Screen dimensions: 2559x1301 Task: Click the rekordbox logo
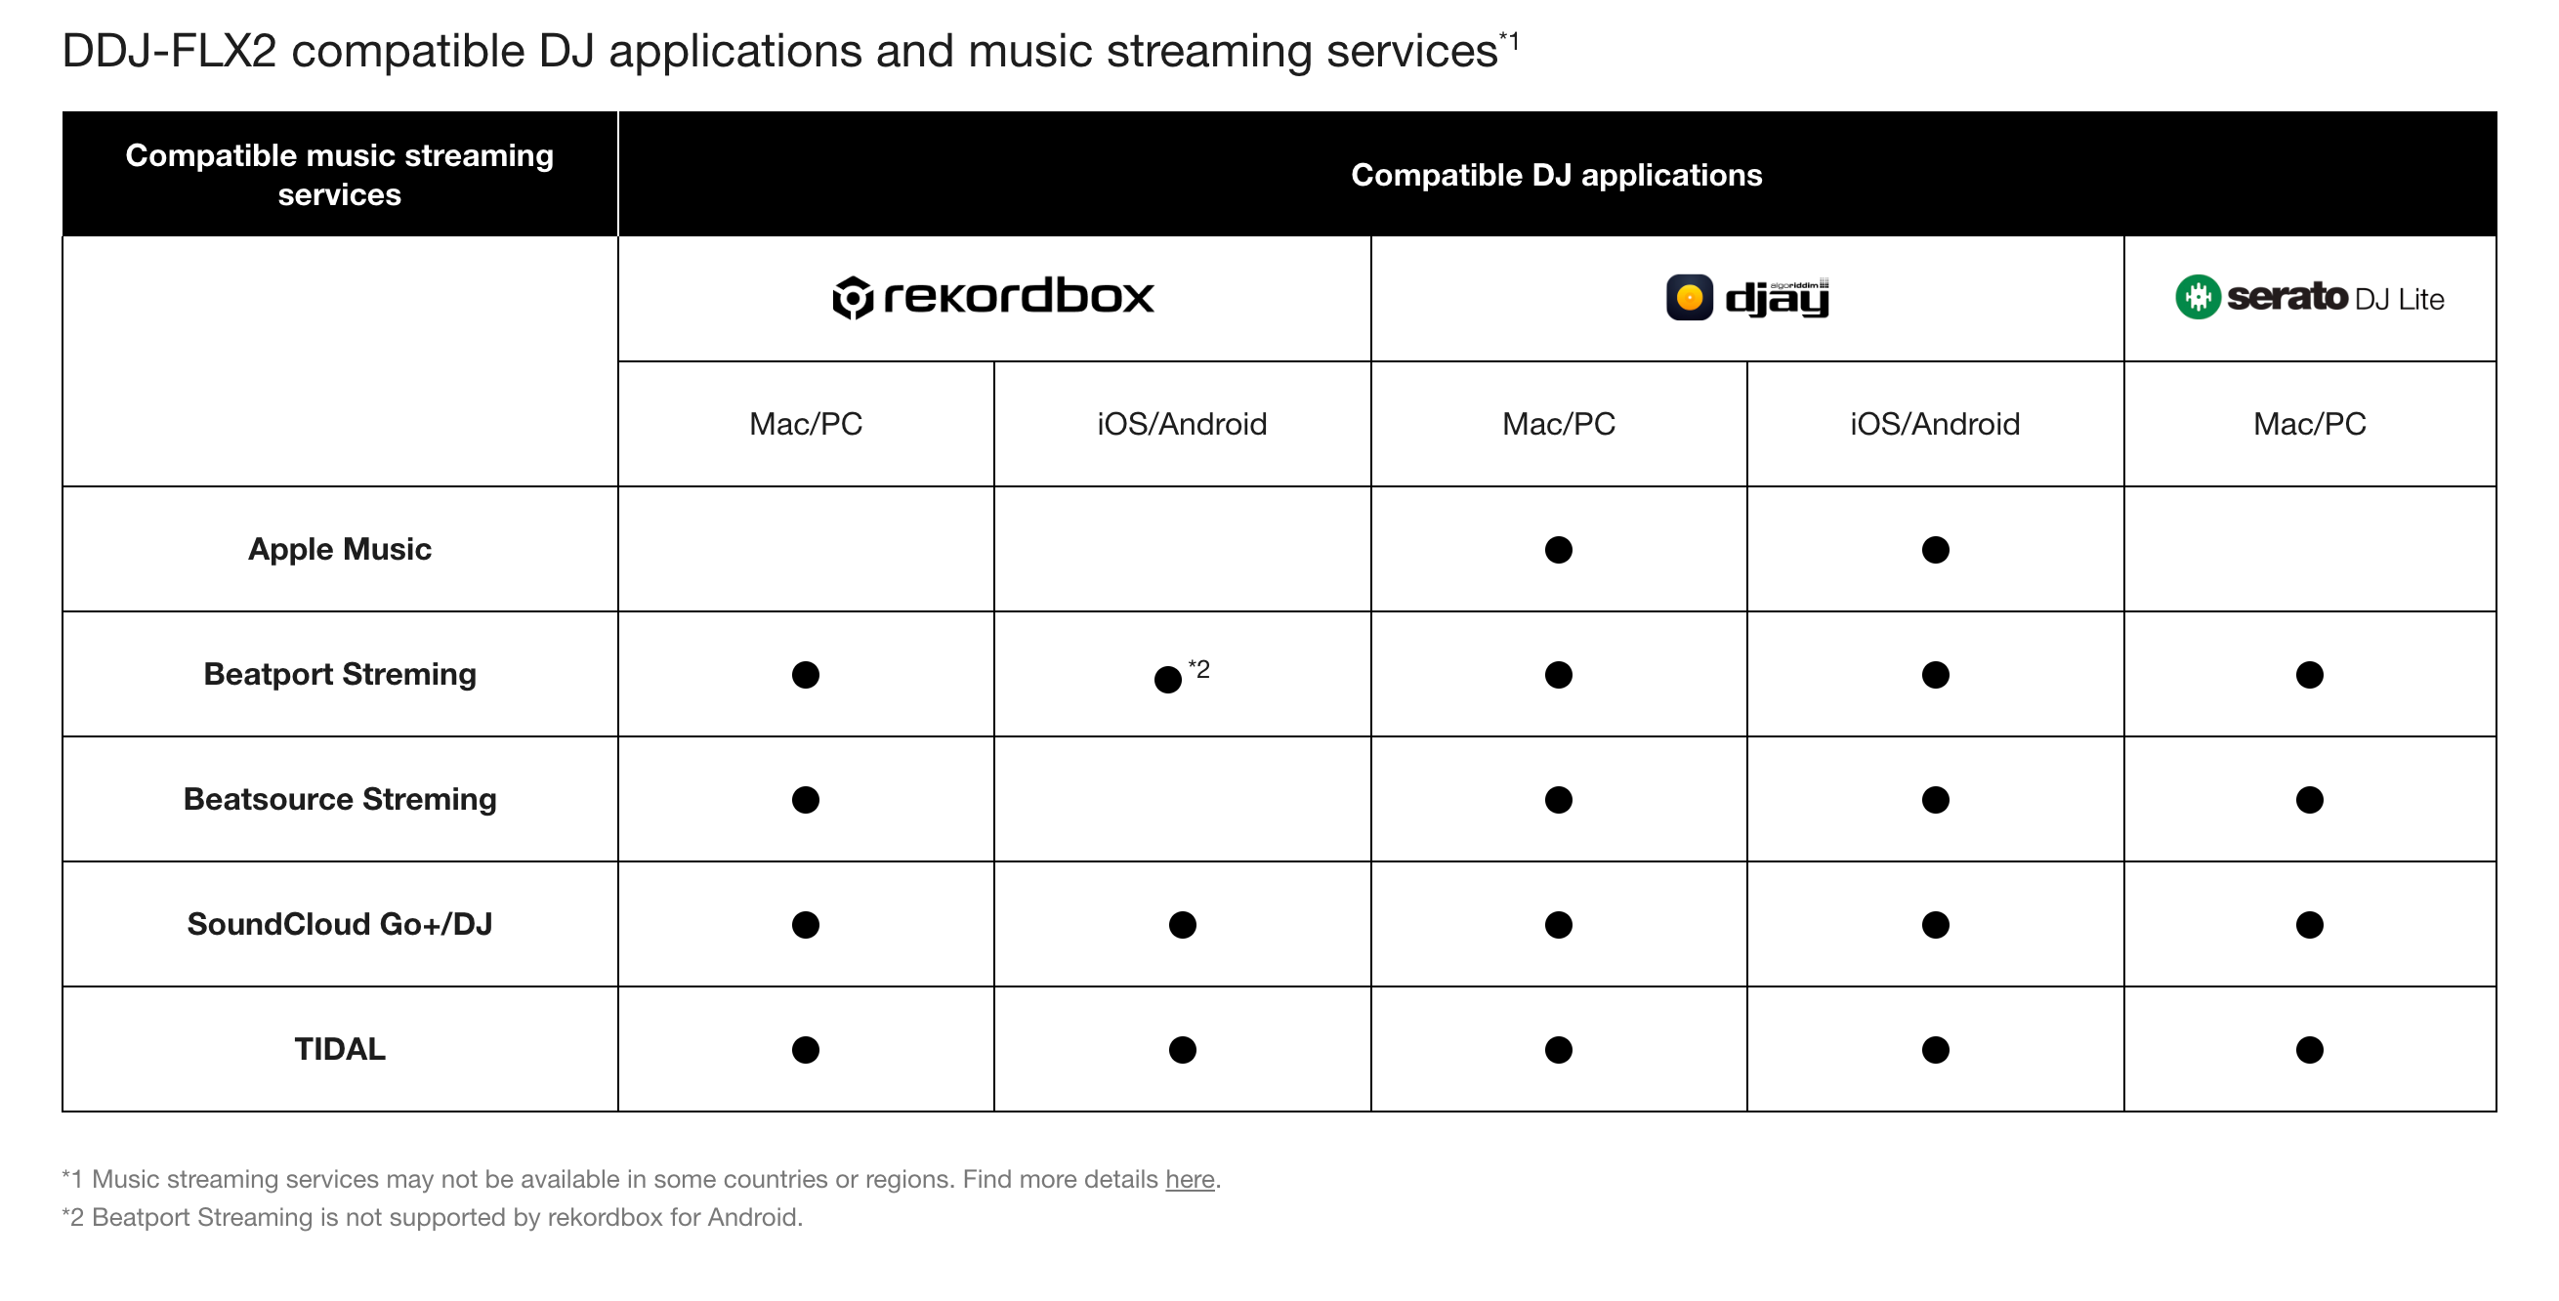coord(993,297)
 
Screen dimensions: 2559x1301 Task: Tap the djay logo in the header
coord(1747,297)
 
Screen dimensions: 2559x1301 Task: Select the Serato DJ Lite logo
coord(2310,297)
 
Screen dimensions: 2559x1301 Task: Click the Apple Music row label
coord(340,549)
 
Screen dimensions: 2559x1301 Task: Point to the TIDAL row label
coord(340,1049)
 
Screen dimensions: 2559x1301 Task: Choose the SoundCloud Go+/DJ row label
coord(340,925)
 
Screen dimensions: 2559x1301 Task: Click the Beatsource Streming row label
coord(340,800)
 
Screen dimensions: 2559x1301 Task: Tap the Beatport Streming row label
coord(340,674)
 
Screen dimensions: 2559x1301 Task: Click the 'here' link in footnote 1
coord(1190,1179)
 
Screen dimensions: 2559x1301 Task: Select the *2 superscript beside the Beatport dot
coord(1199,669)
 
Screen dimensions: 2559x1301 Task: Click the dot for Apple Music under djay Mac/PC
coord(1559,550)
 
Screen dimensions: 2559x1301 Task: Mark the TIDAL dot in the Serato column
coord(2310,1050)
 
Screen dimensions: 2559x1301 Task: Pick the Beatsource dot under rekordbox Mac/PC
coord(806,800)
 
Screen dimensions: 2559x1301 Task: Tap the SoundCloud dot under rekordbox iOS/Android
coord(1182,925)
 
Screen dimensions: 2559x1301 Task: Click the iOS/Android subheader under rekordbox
coord(1182,424)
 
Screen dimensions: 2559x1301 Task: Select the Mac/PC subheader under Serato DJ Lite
coord(2310,424)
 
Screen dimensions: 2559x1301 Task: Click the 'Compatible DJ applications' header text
coord(1557,175)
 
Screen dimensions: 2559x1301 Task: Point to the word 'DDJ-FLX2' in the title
coord(169,51)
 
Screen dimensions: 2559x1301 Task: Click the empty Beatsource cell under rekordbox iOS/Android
coord(1182,800)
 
